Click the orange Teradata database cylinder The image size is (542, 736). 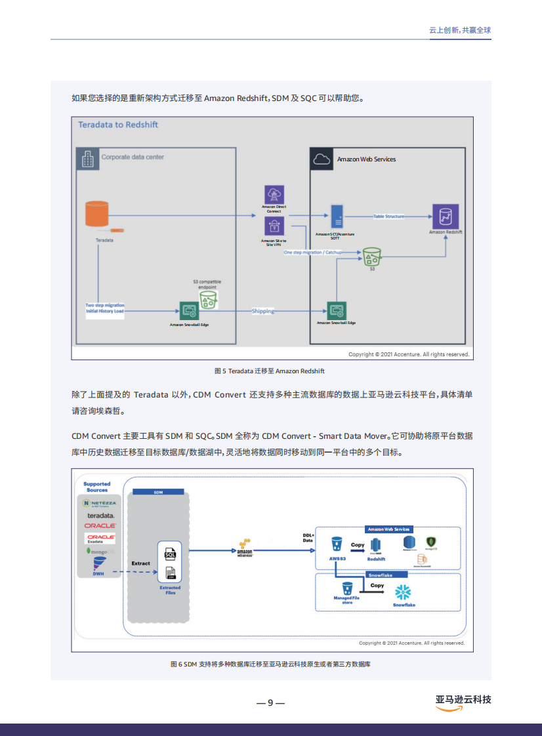pyautogui.click(x=96, y=215)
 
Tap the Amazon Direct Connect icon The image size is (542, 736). pyautogui.click(x=274, y=195)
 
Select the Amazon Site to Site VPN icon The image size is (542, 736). pyautogui.click(x=274, y=227)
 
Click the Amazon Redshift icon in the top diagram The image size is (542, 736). pyautogui.click(x=446, y=216)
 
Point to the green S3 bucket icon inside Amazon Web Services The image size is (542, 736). pyautogui.click(x=372, y=256)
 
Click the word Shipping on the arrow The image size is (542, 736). pyautogui.click(x=263, y=311)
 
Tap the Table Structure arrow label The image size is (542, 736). pyautogui.click(x=389, y=216)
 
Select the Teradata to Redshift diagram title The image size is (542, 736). pyautogui.click(x=118, y=125)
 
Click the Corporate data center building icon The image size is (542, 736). pyautogui.click(x=87, y=158)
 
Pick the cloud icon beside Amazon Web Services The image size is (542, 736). pyautogui.click(x=321, y=159)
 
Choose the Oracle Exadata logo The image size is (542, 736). pyautogui.click(x=101, y=538)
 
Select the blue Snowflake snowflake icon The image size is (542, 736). pyautogui.click(x=402, y=593)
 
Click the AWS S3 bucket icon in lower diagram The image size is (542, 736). pyautogui.click(x=337, y=544)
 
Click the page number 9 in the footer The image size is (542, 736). pyautogui.click(x=270, y=703)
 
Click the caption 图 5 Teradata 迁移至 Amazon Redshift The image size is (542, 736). pyautogui.click(x=270, y=371)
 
